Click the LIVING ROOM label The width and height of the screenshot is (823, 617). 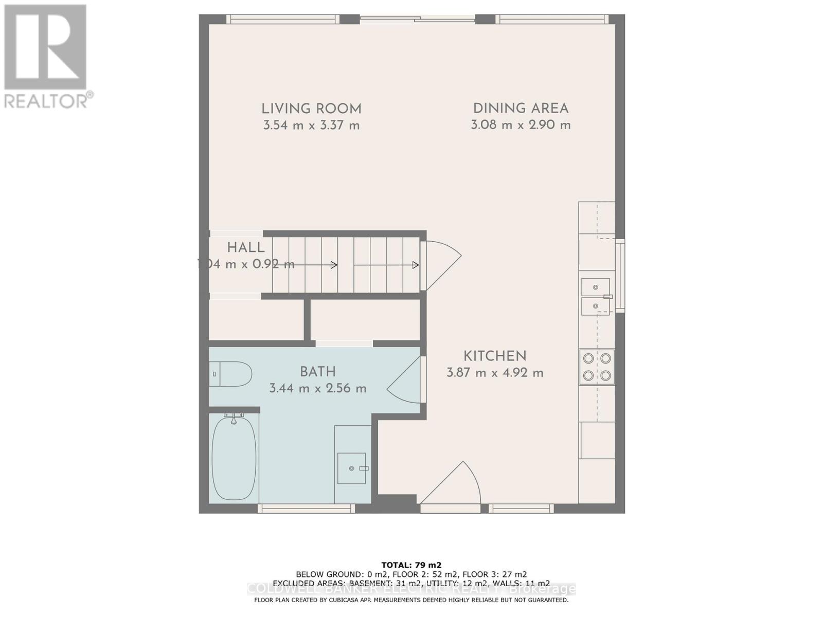(311, 109)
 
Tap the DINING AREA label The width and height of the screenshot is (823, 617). (521, 108)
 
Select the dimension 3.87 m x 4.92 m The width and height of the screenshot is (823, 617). (495, 373)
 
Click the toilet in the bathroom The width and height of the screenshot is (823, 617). (231, 374)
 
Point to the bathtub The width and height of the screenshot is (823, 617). (234, 458)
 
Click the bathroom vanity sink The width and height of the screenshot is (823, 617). (352, 468)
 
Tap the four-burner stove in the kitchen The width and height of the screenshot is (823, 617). (597, 367)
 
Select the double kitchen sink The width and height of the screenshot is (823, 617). (596, 297)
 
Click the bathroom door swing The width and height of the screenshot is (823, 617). (405, 380)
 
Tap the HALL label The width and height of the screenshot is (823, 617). (246, 247)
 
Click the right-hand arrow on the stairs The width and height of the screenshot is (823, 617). (386, 265)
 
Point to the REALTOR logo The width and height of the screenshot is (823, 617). (46, 57)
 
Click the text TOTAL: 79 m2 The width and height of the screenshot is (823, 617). (411, 565)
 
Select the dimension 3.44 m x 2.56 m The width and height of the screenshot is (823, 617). (318, 388)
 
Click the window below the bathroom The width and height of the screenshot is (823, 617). (306, 509)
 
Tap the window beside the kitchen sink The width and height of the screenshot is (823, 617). (621, 276)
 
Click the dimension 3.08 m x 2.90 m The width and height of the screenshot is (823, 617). (521, 125)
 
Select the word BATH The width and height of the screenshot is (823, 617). (318, 372)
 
